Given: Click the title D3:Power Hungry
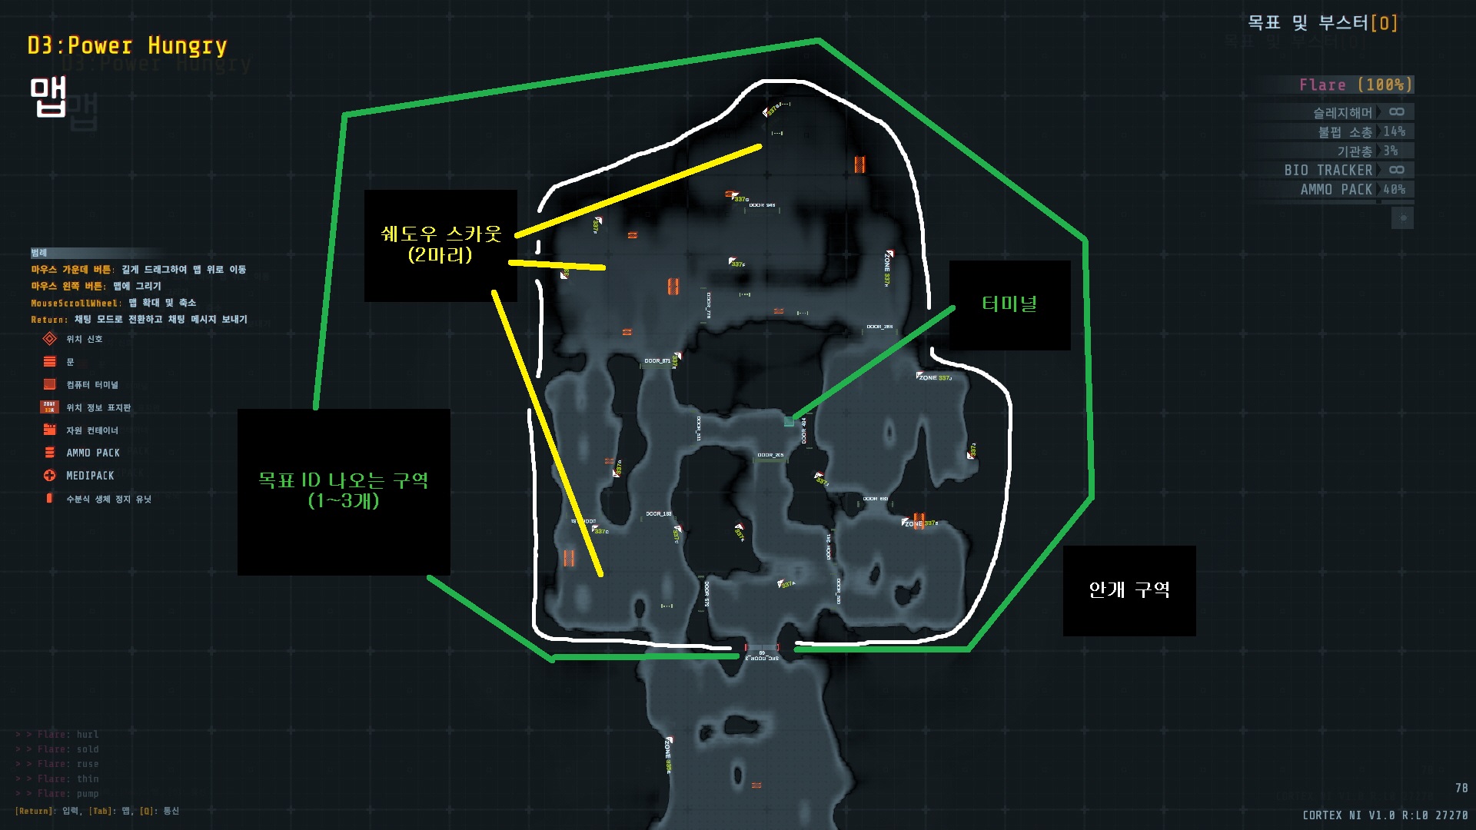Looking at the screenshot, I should [x=128, y=46].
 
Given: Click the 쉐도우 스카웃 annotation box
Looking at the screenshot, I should [x=440, y=244].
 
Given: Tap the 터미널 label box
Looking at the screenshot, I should [x=1009, y=305].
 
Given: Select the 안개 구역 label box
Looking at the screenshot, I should [x=1129, y=590].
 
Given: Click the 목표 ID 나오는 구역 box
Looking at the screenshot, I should [x=343, y=491].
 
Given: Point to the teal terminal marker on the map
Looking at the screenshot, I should [x=788, y=421].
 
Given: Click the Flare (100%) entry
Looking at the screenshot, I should [x=1355, y=85].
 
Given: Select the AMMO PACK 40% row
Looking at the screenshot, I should [x=1352, y=190].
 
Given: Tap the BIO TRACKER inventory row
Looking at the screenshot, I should [x=1344, y=171].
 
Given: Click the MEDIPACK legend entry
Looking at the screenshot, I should [x=89, y=476].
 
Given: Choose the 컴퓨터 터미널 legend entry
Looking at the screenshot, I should [x=91, y=384].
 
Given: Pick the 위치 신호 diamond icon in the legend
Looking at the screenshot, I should [x=50, y=339].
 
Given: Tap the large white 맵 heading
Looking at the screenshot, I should [x=48, y=98].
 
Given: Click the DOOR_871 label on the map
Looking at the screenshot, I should [x=657, y=361].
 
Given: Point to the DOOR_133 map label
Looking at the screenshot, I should [x=659, y=514].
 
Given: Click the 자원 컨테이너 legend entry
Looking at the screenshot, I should [x=91, y=430].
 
